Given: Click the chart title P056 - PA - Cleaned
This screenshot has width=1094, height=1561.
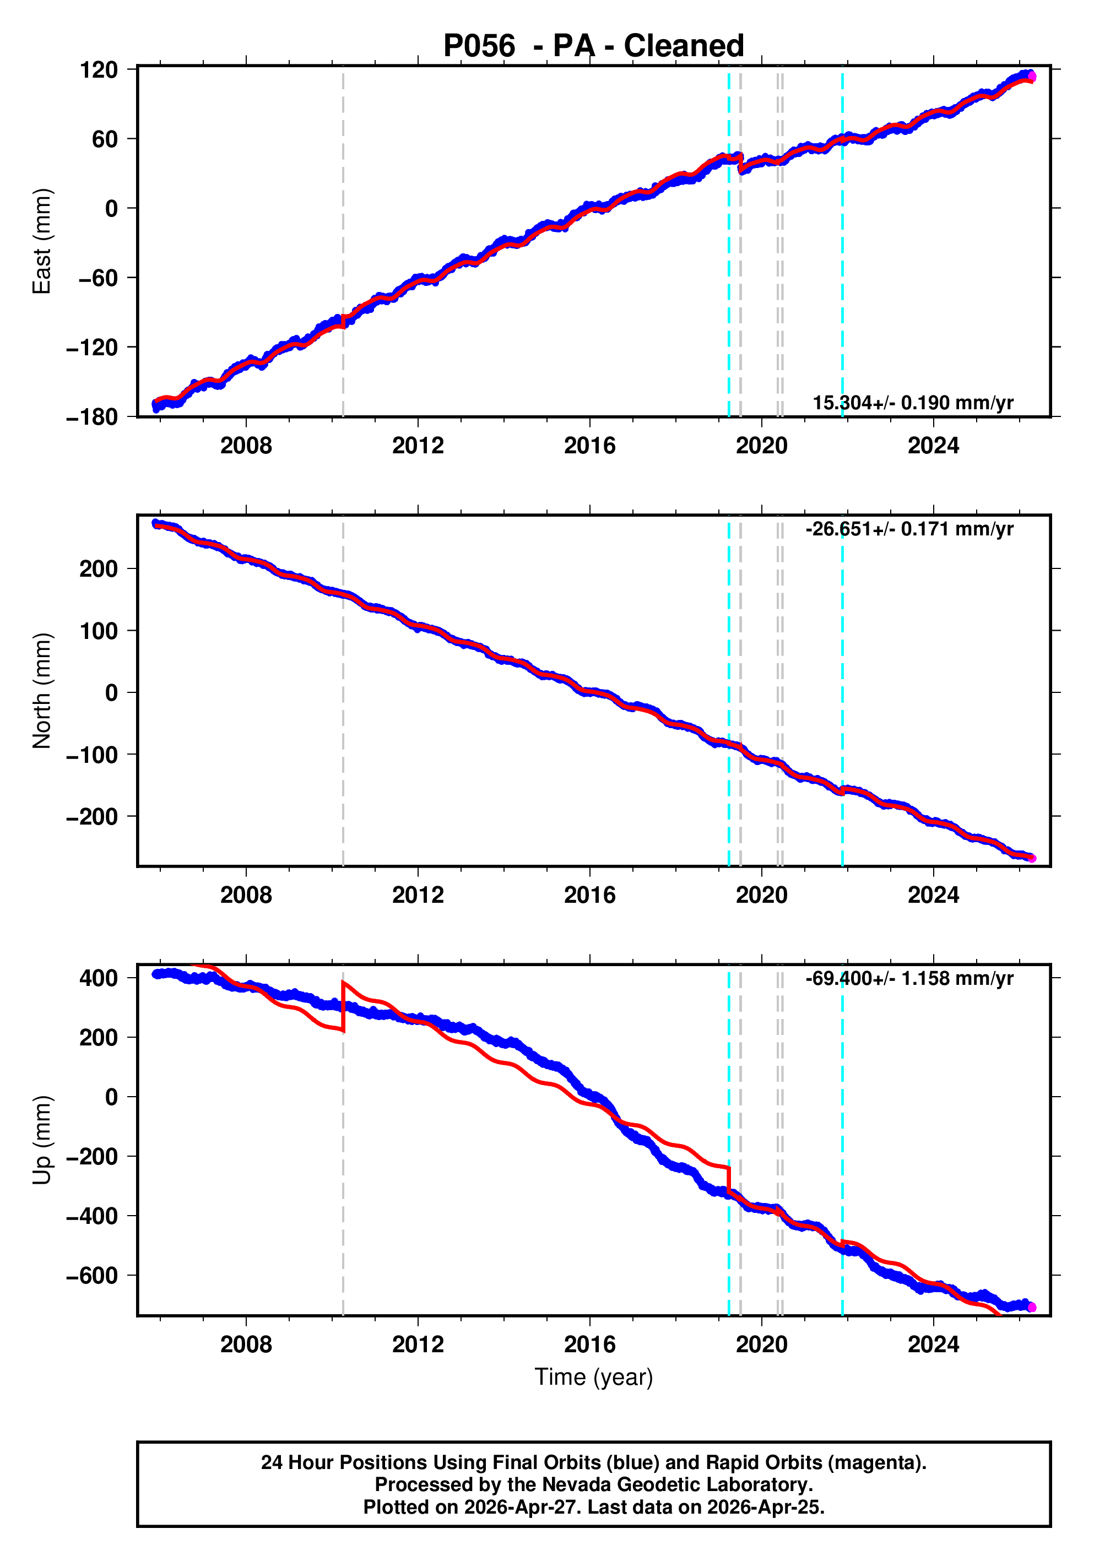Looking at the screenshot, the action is [x=594, y=46].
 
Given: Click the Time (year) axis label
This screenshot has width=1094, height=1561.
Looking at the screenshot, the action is [x=594, y=1376].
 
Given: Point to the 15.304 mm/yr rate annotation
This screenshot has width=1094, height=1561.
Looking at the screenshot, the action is [x=913, y=403].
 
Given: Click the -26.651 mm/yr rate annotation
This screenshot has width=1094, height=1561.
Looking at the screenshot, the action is [x=909, y=528].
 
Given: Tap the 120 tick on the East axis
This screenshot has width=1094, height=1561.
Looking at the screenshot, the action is [x=99, y=69].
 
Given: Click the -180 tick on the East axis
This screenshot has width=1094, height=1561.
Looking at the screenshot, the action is [x=92, y=417].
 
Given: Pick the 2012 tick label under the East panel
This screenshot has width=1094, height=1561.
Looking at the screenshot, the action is [x=418, y=446].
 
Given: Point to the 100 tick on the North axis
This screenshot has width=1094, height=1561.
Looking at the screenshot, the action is [x=99, y=630].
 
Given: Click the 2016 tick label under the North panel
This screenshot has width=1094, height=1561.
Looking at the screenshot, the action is [x=589, y=896].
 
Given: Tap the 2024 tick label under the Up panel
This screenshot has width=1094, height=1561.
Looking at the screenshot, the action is [x=934, y=1345].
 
